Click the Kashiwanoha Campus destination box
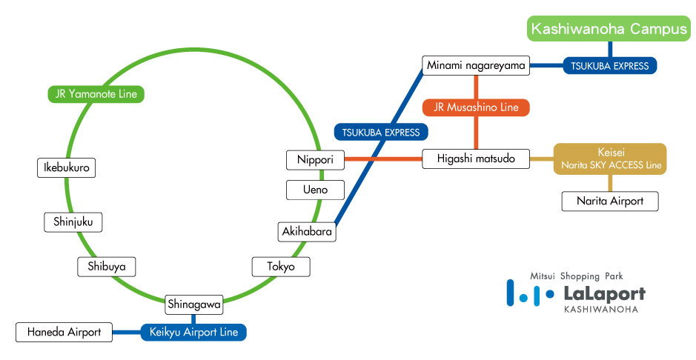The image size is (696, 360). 610,30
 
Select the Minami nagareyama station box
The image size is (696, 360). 476,66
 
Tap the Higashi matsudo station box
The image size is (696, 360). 476,159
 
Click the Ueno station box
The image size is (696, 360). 316,190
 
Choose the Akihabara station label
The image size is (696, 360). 308,232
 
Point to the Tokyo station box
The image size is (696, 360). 281,267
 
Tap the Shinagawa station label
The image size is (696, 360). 193,304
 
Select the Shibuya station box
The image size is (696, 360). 107,267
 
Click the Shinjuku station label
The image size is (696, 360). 73,221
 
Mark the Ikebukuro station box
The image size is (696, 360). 67,168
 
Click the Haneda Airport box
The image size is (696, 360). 64,332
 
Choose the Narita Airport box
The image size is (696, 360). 610,201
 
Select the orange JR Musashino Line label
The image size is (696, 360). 476,107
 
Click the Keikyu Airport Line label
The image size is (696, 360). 193,332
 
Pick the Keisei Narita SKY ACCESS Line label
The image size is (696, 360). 610,159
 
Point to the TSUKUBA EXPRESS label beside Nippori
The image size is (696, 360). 381,133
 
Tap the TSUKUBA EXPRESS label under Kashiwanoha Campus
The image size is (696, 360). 610,66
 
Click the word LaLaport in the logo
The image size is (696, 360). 603,293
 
